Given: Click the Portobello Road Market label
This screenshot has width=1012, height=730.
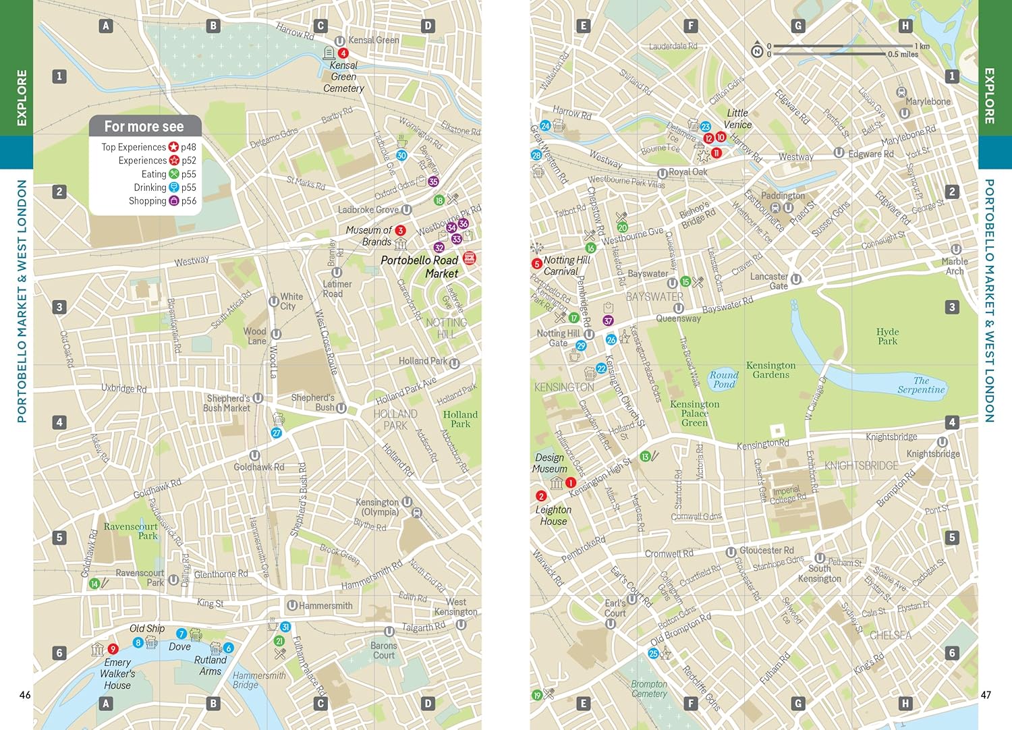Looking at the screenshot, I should pos(420,266).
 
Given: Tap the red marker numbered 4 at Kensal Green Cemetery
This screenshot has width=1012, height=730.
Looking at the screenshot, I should pos(343,53).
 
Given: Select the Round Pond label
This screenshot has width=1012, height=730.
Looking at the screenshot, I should pos(723,379).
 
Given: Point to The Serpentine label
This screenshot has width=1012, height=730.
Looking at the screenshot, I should pos(920,385).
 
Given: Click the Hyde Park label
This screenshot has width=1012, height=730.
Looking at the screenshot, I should pos(887,336).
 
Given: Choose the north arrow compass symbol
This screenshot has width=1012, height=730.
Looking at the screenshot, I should pos(757,51).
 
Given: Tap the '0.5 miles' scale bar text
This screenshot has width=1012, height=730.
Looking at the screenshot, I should pos(903,55).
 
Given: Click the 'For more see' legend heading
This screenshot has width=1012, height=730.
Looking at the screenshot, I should pos(144,126).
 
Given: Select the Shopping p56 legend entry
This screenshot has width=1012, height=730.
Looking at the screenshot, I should pos(162,201).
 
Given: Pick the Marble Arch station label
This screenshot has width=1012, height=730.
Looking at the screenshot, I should pos(955,266).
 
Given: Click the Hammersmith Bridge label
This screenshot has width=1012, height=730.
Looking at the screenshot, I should pos(259,680).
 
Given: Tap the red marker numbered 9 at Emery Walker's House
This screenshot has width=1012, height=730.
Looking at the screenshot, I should pos(113,649).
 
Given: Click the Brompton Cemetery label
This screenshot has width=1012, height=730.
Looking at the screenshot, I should pos(649,689).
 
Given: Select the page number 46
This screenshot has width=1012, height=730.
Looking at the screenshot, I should pos(25,695).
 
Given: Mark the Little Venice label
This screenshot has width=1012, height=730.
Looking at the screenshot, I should pos(737,119).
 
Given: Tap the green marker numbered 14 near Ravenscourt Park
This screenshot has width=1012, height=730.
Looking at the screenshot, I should pos(94,584).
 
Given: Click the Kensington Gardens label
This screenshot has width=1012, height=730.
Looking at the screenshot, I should pos(770,370).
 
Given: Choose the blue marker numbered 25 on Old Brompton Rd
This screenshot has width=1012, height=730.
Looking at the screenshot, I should pos(653,653).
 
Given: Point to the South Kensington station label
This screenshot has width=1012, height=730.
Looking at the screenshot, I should pos(819,573).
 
